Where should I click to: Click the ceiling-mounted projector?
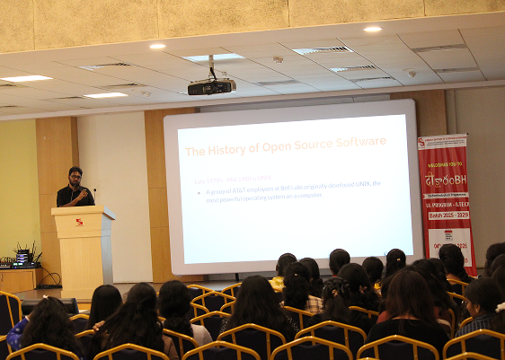tap(211, 87)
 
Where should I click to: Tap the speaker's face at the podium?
tap(75, 175)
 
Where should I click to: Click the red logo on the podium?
tap(79, 222)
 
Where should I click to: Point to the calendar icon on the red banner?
tap(447, 233)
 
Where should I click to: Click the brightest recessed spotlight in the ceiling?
tap(372, 30)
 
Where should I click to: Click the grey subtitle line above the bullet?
tap(233, 178)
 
